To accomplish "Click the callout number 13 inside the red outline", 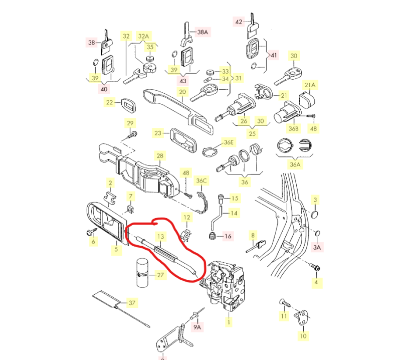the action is [160, 237].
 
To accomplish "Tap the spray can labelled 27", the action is [142, 273].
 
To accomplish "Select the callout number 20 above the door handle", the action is [182, 92].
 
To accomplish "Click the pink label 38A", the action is [203, 32].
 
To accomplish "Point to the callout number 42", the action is [239, 22].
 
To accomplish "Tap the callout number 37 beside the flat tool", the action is [132, 303].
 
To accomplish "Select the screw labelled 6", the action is [91, 232].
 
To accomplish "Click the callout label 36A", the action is [295, 164].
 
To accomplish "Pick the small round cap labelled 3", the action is [315, 214].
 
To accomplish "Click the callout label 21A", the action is [310, 85].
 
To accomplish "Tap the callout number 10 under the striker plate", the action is [303, 335].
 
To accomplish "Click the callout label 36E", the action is [229, 142].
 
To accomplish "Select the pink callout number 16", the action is [228, 236].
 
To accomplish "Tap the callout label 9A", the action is [197, 327].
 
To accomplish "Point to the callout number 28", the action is [160, 156].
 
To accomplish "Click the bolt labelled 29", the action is [133, 134].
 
